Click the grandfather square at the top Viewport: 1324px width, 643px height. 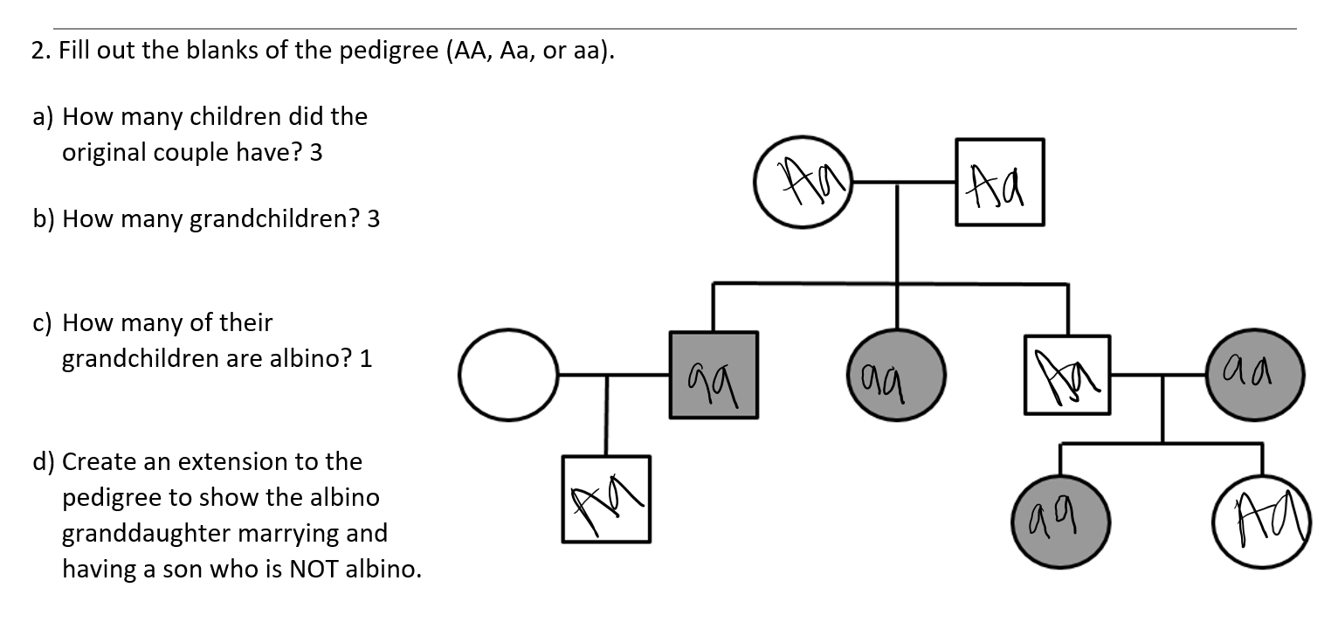click(999, 183)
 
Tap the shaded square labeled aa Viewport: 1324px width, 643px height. click(714, 374)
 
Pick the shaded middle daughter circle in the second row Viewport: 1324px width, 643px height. click(897, 374)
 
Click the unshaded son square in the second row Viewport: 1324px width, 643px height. click(1066, 374)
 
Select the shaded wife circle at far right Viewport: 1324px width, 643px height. click(1255, 374)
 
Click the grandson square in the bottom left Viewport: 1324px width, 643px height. click(606, 499)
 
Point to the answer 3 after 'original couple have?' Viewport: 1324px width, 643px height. click(316, 153)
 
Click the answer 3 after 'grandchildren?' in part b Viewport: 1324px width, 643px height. click(374, 219)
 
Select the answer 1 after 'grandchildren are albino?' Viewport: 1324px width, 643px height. click(367, 359)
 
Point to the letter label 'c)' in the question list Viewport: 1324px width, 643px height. click(43, 324)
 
